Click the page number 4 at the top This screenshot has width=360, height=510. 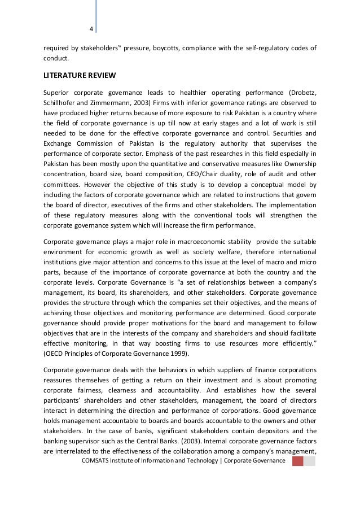91,30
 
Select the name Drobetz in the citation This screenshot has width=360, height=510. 300,93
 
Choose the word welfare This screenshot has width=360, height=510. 219,253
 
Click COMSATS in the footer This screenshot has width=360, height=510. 97,461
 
